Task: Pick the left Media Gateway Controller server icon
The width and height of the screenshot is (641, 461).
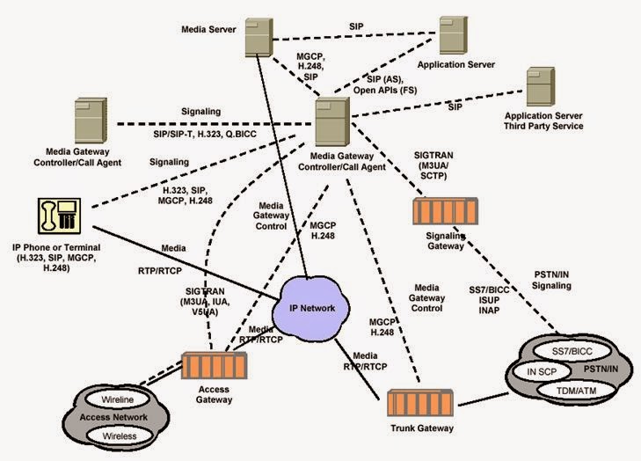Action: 94,123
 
